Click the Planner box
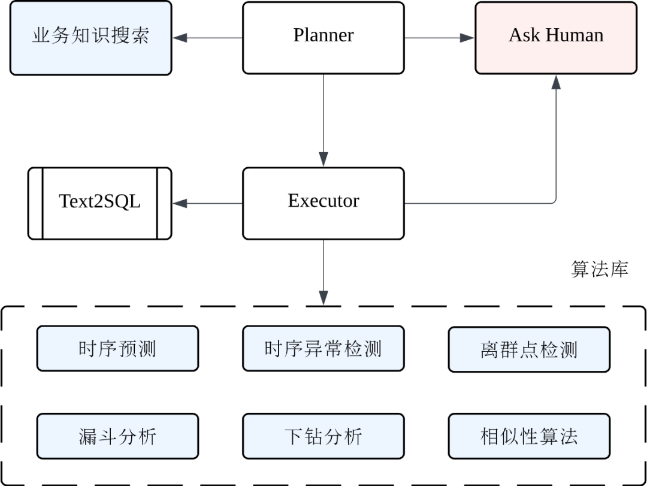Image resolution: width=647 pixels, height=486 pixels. coord(323,38)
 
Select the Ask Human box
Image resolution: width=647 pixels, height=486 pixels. coord(555,38)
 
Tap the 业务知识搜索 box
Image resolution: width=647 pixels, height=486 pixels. coord(90,38)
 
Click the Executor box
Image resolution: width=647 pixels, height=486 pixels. coord(323,203)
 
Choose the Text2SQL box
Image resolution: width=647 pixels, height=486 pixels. coord(100,203)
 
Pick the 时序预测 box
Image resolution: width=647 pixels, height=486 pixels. coord(117,348)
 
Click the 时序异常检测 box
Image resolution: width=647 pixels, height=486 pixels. coord(323,348)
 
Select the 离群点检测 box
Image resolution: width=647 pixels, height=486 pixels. coord(529,349)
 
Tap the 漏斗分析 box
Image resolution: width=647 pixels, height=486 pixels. coord(117,436)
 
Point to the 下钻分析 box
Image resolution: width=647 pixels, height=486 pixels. coord(323,436)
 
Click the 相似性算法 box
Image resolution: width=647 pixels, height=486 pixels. coord(529,436)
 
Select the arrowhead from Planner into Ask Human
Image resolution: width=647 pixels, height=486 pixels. coord(467,38)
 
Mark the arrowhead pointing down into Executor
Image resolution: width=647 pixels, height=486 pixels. coord(323,159)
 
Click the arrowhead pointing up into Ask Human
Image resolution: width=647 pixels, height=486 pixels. coord(556,83)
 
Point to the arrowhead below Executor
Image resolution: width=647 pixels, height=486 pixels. coord(323,297)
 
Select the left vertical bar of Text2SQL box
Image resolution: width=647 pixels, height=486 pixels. coord(43,203)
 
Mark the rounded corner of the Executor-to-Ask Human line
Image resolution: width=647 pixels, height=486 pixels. coord(554,201)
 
